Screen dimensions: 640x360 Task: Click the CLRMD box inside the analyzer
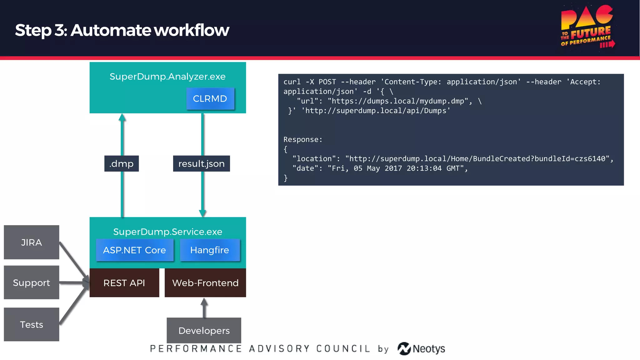click(210, 99)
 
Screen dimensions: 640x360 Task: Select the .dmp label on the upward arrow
click(122, 163)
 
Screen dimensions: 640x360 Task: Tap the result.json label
click(202, 163)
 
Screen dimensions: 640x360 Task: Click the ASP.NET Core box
click(134, 250)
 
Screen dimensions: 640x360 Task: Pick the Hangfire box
click(210, 250)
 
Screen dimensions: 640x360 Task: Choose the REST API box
click(124, 283)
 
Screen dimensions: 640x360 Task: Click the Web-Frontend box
click(205, 283)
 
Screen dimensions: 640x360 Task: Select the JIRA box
click(31, 242)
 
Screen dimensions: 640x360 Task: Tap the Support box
click(31, 282)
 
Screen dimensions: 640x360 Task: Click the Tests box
click(31, 324)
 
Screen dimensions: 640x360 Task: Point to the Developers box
click(204, 330)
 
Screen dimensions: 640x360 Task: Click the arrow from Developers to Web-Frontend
click(204, 307)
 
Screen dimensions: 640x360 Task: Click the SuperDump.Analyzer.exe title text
click(167, 77)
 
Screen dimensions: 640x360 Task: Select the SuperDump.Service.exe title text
click(167, 232)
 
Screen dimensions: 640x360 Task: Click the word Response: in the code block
click(302, 139)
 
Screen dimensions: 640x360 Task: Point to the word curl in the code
click(292, 82)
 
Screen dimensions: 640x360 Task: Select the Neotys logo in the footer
click(421, 348)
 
